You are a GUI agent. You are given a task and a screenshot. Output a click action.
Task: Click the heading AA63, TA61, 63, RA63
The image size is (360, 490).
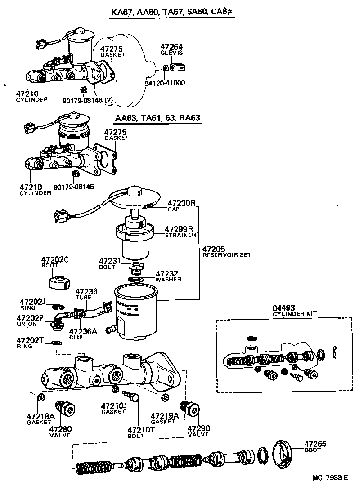157,119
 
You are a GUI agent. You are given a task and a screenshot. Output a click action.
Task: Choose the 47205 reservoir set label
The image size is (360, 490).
220,251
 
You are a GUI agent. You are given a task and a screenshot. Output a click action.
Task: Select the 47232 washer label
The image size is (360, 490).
167,276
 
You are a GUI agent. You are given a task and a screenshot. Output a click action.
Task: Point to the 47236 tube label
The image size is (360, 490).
86,294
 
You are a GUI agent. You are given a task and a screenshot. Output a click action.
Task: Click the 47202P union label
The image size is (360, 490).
30,321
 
